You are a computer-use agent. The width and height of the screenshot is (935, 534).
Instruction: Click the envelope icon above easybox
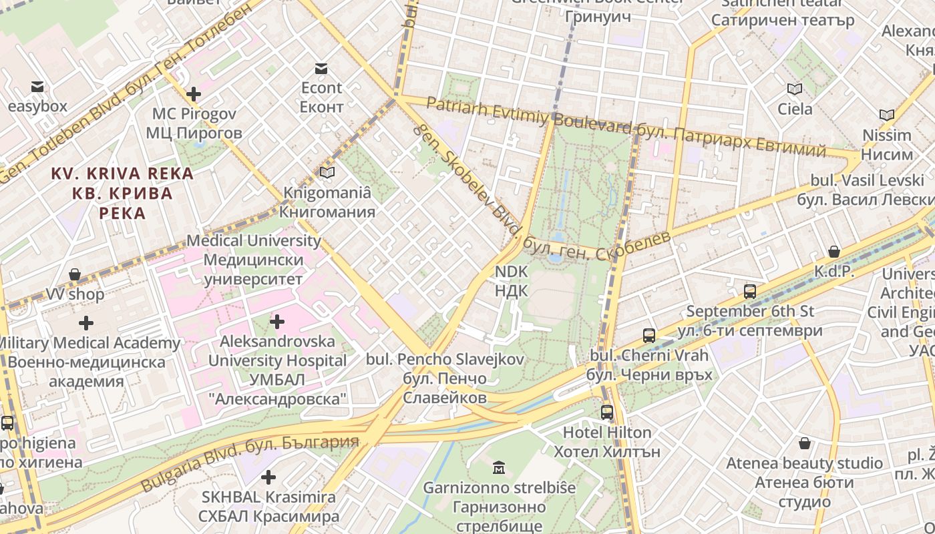[37, 87]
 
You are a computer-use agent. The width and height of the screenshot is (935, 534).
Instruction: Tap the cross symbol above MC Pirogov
[194, 94]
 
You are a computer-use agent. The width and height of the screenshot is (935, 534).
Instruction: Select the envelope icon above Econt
[321, 68]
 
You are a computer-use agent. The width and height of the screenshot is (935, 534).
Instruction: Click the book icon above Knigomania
[327, 173]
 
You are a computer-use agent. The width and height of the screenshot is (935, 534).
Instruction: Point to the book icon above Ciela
[795, 89]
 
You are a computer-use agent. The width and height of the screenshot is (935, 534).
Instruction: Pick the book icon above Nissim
[886, 115]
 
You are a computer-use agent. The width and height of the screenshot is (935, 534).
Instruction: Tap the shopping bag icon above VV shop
[75, 274]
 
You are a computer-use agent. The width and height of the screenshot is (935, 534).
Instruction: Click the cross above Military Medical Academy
[86, 323]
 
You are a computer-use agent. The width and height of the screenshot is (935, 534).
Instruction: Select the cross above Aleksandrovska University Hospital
[277, 322]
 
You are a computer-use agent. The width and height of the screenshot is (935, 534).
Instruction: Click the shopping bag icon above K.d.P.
[834, 252]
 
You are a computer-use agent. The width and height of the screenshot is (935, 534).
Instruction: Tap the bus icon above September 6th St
[750, 292]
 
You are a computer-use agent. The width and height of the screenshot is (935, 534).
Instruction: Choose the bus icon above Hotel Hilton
[607, 413]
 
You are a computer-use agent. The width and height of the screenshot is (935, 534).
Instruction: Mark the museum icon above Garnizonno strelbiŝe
[499, 467]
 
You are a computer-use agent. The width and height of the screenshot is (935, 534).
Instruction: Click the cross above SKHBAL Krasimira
[268, 477]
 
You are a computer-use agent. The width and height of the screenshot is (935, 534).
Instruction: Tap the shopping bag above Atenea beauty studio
[805, 443]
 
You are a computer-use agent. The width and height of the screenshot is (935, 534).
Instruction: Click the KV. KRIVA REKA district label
[123, 193]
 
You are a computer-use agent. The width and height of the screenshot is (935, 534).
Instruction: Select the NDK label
[511, 281]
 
